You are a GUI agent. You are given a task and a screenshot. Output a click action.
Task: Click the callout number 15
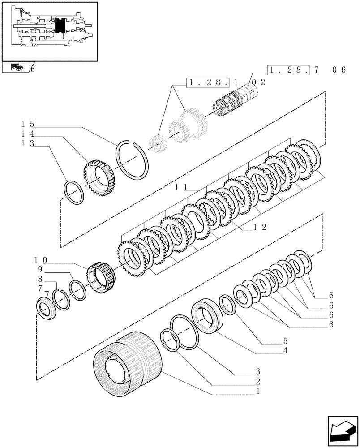pos(26,124)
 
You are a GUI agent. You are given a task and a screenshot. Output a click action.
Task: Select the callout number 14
pos(26,134)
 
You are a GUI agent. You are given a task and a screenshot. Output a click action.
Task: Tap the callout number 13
pos(26,143)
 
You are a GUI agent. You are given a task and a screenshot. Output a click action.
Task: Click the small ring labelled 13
pos(74,192)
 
